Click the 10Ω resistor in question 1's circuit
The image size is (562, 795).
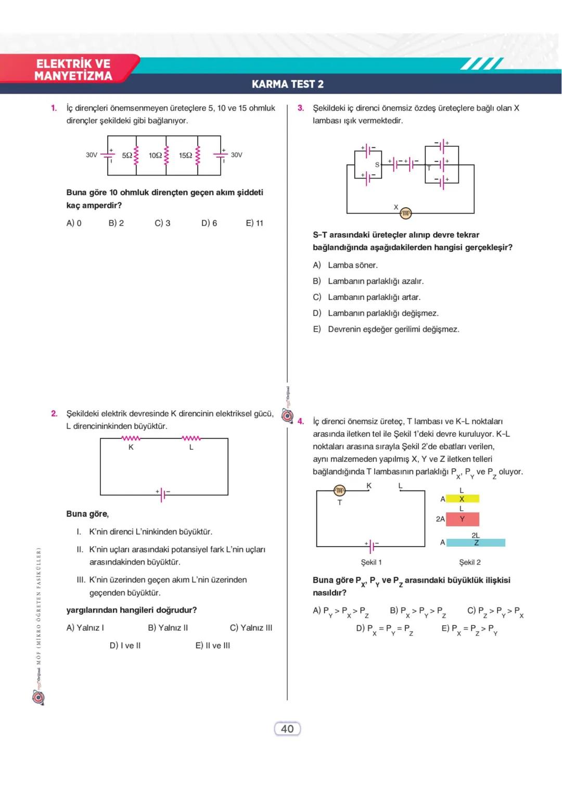tap(167, 155)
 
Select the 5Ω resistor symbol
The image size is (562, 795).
tap(136, 155)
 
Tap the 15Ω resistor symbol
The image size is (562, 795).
tap(198, 155)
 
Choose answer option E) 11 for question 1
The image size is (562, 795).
tap(254, 223)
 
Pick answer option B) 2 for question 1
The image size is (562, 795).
tap(116, 223)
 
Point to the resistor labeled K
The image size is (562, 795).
tap(131, 439)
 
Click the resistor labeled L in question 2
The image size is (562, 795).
tap(191, 439)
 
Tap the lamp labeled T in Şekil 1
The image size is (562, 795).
tap(339, 490)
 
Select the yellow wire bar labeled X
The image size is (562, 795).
tap(462, 499)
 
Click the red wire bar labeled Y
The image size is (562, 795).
tap(462, 519)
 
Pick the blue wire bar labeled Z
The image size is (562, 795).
tap(476, 542)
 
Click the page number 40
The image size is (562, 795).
tap(287, 729)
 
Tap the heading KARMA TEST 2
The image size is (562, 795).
tap(288, 84)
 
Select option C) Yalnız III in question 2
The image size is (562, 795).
tap(251, 627)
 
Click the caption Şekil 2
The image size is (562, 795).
tap(470, 562)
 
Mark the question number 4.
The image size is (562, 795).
tap(301, 421)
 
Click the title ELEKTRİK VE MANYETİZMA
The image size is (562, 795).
tap(73, 70)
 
